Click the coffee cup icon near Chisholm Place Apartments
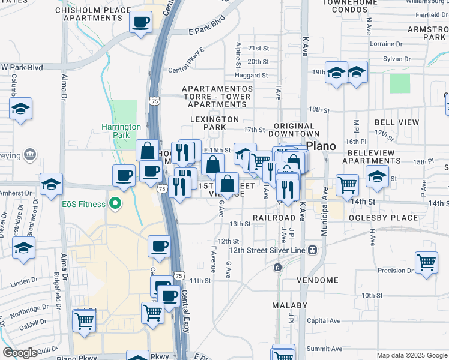pyautogui.click(x=140, y=22)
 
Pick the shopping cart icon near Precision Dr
pyautogui.click(x=426, y=262)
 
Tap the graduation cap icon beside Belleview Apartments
pyautogui.click(x=377, y=176)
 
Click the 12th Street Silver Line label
pyautogui.click(x=267, y=250)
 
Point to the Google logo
pyautogui.click(x=20, y=353)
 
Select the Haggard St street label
pyautogui.click(x=252, y=76)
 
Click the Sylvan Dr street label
pyautogui.click(x=397, y=59)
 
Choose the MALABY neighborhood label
pyautogui.click(x=289, y=305)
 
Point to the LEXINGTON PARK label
pyautogui.click(x=214, y=119)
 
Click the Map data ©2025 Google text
pyautogui.click(x=411, y=355)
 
